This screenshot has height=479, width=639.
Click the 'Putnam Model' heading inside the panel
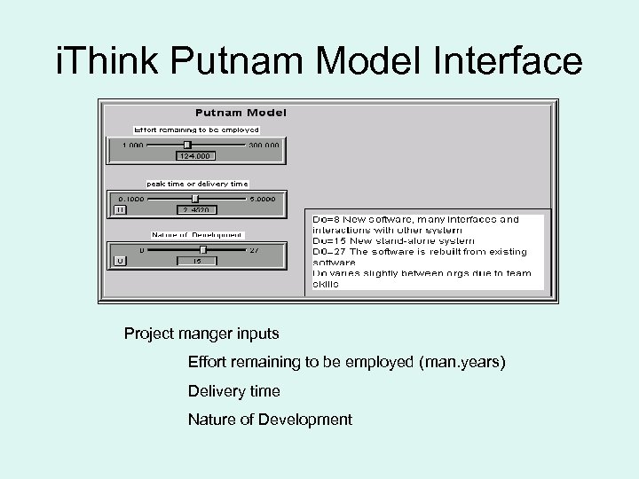tap(241, 113)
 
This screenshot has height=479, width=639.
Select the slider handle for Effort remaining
tap(186, 144)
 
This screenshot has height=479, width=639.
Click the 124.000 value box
tap(195, 156)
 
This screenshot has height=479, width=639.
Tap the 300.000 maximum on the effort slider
tap(264, 145)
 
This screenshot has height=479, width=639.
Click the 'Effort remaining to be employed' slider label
tap(196, 129)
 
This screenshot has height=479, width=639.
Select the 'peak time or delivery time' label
tap(191, 184)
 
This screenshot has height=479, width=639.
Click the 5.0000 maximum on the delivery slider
tap(262, 199)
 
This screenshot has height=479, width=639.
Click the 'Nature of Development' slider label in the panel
tap(196, 235)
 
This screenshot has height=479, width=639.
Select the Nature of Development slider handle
tap(202, 250)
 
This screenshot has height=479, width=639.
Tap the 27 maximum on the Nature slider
tap(254, 250)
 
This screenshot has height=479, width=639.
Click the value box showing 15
tap(196, 262)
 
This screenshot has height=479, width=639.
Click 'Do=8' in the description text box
tap(325, 219)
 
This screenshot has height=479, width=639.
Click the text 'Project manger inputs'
tap(201, 334)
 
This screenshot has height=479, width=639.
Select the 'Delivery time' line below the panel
tap(233, 391)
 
